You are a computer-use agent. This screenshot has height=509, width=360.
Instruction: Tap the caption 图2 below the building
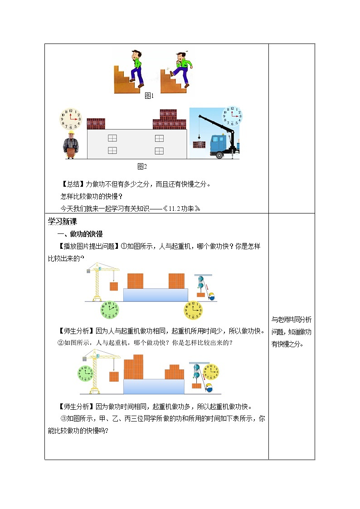(x=142, y=166)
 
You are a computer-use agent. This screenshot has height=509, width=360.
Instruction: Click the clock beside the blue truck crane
(x=232, y=116)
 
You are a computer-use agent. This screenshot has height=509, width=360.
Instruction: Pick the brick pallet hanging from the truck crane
(x=199, y=145)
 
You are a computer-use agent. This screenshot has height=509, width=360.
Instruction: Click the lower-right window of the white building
(x=159, y=150)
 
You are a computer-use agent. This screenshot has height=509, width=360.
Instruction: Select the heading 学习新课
(x=63, y=222)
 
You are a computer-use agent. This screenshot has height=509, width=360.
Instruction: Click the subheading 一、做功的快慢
(x=80, y=234)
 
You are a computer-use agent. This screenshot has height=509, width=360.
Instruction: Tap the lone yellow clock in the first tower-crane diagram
(x=193, y=310)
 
